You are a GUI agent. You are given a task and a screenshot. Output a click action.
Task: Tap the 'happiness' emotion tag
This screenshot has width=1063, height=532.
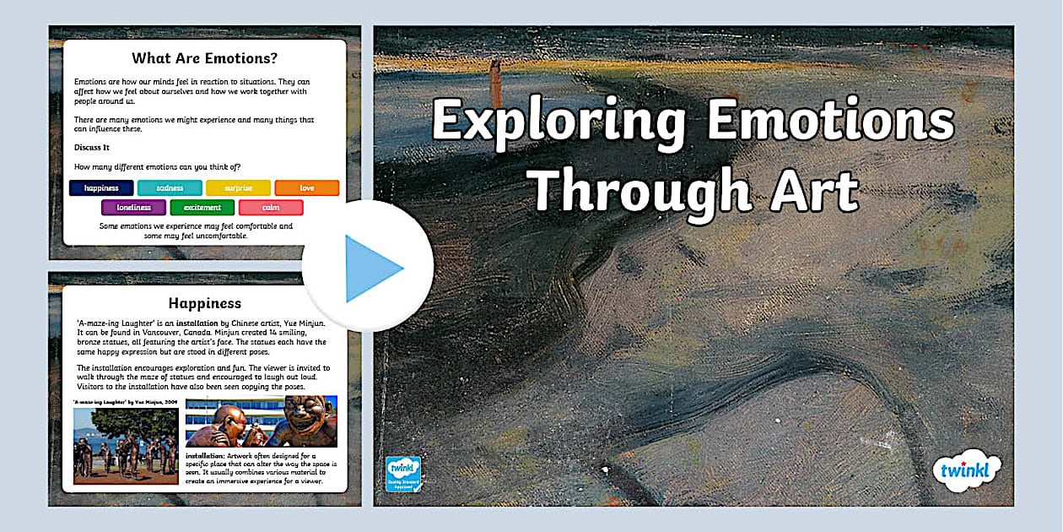[101, 188]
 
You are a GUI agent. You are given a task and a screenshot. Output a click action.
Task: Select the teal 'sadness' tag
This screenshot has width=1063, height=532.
[170, 188]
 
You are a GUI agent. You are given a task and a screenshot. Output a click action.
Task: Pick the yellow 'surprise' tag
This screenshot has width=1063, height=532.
[238, 188]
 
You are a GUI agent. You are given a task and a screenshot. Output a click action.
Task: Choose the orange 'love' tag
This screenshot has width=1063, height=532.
[307, 188]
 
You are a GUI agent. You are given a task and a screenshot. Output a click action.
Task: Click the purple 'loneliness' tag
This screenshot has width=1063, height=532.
[133, 208]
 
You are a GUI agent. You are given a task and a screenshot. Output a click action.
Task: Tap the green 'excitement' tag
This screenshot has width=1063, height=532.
[202, 208]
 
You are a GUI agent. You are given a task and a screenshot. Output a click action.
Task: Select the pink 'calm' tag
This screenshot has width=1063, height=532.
[271, 208]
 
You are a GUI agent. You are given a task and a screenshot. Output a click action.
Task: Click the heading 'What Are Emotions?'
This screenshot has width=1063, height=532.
[204, 59]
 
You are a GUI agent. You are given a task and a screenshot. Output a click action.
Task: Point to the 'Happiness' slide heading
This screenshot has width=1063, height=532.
[204, 303]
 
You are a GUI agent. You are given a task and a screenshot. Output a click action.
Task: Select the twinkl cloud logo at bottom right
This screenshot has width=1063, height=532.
[967, 468]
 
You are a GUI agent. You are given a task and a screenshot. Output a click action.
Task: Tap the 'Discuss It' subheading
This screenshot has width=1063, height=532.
[92, 148]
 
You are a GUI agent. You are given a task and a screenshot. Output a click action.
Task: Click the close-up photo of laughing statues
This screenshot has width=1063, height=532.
[261, 422]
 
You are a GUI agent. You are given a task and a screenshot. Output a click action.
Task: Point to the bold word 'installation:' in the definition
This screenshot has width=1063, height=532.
[206, 457]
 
